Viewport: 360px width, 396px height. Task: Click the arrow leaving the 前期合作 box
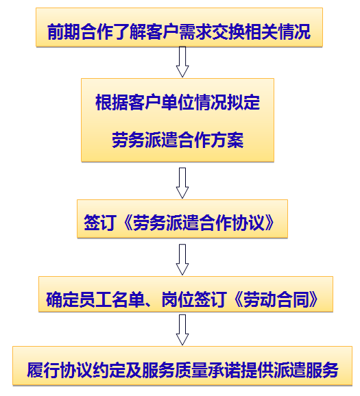point(182,62)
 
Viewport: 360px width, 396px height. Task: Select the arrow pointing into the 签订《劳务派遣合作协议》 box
point(182,183)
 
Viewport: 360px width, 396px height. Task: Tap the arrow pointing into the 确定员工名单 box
point(182,260)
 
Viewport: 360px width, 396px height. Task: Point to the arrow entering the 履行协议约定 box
point(182,330)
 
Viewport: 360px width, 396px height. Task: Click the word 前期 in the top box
point(64,32)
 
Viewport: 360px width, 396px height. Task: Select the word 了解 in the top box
point(129,32)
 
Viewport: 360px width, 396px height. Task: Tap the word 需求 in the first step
point(195,32)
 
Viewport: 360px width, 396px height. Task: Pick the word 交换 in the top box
point(228,32)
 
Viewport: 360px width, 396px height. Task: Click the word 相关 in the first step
point(261,32)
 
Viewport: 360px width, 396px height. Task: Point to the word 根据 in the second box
point(112,102)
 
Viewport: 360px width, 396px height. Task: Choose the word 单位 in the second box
point(178,102)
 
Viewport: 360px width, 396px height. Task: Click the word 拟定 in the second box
point(243,102)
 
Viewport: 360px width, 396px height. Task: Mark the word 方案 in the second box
point(227,140)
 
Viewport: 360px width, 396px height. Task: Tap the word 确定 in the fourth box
point(62,299)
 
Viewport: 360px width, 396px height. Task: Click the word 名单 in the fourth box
point(128,299)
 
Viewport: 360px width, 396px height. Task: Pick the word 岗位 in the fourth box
point(178,299)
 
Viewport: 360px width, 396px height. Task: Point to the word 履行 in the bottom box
point(43,370)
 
